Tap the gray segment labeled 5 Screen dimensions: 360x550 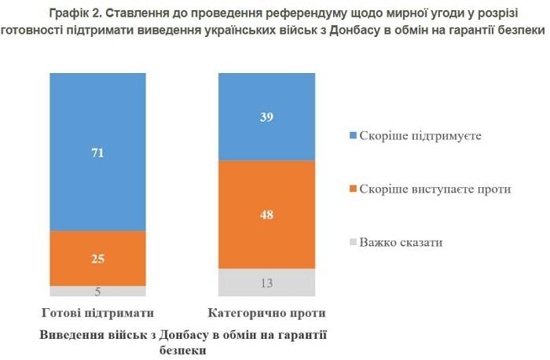coord(97,292)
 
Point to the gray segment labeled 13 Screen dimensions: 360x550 coord(266,283)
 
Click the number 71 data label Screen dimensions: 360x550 coord(97,153)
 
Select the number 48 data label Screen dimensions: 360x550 coord(266,215)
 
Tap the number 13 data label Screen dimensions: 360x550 coord(266,284)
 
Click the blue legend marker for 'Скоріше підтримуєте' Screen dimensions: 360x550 coord(353,135)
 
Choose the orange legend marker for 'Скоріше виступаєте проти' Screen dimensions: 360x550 coord(353,189)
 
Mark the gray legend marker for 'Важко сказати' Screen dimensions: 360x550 coord(353,242)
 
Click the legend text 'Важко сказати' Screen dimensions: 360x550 coord(401,242)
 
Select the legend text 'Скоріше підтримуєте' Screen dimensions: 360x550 coord(420,135)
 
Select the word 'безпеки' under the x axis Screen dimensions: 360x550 coord(182,350)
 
